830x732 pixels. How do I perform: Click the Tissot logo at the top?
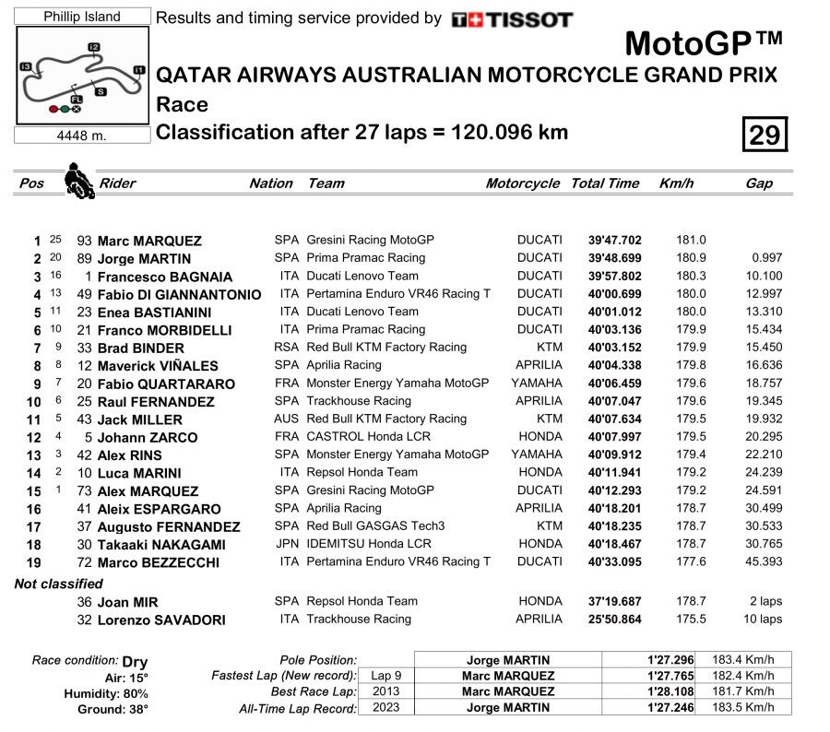tap(512, 19)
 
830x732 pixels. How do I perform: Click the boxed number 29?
tap(765, 135)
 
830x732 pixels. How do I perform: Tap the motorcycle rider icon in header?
tap(79, 181)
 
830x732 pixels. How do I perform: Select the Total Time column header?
tap(605, 183)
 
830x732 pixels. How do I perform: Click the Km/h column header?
tap(676, 183)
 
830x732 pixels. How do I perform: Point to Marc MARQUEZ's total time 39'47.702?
tap(614, 240)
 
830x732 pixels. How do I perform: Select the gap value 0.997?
tap(766, 258)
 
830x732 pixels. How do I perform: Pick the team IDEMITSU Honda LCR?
tap(369, 544)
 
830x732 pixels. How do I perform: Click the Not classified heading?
tap(59, 584)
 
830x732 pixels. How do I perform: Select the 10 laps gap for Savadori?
tap(764, 620)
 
